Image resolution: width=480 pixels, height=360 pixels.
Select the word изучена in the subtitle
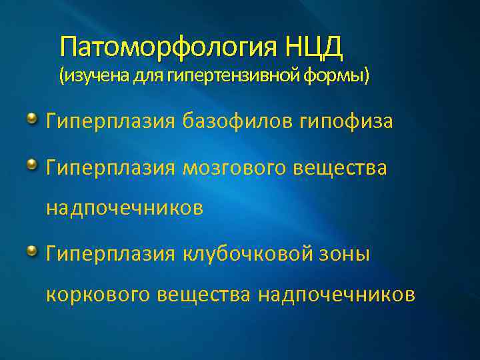point(92,77)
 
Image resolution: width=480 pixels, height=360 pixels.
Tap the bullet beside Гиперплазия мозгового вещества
point(32,164)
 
